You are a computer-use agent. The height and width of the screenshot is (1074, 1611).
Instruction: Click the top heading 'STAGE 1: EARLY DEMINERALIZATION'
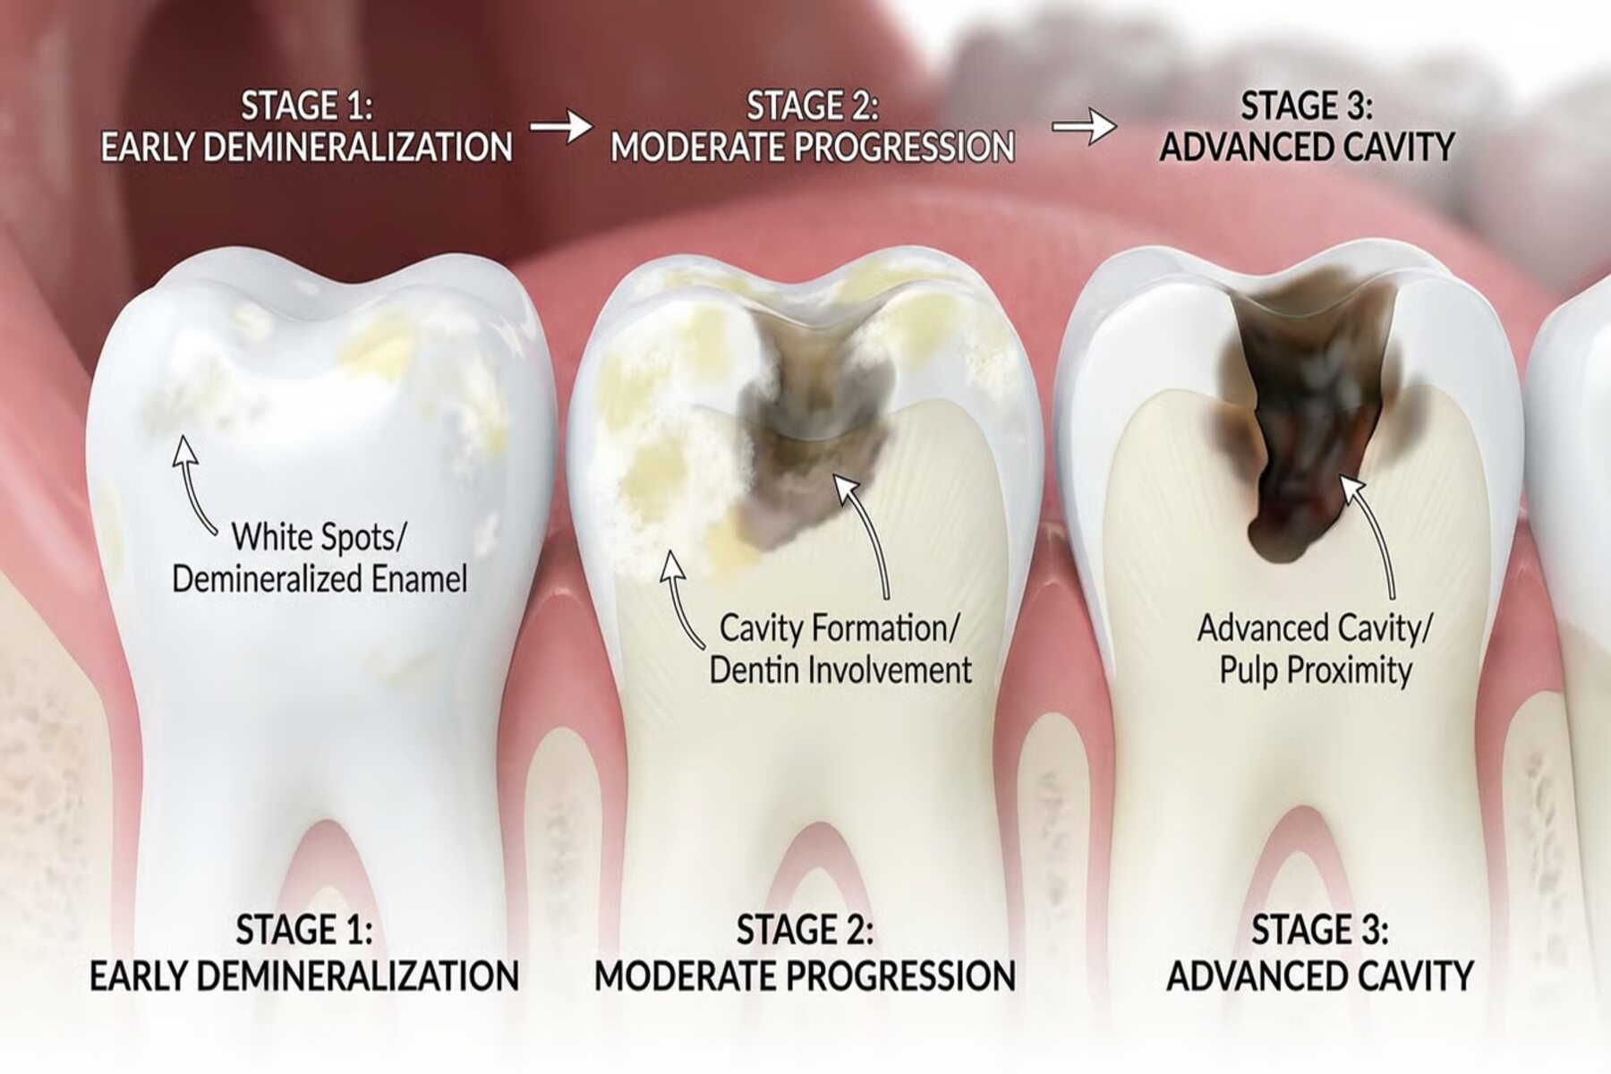coord(306,126)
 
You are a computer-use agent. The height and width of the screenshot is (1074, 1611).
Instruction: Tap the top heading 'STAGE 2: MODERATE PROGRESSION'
coord(813,126)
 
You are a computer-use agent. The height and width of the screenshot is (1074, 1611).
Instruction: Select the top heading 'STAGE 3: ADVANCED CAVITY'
coord(1307,126)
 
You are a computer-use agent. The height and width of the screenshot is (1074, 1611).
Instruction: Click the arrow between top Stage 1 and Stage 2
coord(561,126)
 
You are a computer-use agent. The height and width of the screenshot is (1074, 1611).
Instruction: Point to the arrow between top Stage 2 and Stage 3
coord(1084,126)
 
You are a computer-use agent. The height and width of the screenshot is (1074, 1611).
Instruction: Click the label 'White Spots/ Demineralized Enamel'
coord(320,558)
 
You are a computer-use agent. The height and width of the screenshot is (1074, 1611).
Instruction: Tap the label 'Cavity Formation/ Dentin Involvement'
coord(840,649)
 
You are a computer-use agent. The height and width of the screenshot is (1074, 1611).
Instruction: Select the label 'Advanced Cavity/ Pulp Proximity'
coord(1315,649)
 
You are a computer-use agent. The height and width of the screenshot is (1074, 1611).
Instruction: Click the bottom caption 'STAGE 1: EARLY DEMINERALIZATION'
coord(304,953)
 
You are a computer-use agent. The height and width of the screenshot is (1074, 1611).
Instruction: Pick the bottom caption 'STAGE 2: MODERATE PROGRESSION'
coord(805,953)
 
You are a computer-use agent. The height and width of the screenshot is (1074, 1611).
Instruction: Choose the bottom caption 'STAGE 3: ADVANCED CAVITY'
coord(1320,953)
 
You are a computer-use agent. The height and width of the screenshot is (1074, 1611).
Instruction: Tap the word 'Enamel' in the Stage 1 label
coord(419,579)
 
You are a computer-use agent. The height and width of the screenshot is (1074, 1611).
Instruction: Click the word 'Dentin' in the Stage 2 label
coord(757,670)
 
